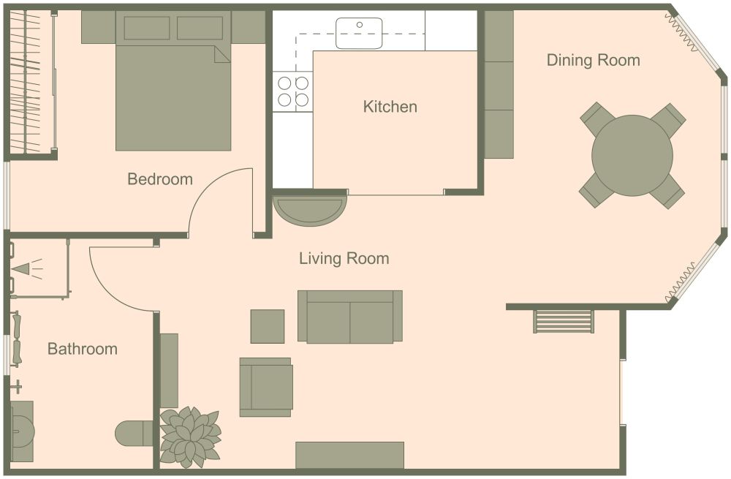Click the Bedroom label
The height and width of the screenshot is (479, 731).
click(159, 179)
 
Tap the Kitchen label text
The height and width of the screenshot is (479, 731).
click(390, 107)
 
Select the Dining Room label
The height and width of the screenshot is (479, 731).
click(593, 60)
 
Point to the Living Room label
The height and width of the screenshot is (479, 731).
click(344, 258)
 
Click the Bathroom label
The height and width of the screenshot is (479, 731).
click(82, 349)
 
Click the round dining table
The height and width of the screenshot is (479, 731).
click(632, 155)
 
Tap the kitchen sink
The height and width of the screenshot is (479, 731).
click(359, 33)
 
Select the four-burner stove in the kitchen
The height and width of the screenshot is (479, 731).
click(292, 91)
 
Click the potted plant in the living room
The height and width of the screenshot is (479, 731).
click(190, 437)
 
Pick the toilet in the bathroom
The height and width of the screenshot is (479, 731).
click(134, 433)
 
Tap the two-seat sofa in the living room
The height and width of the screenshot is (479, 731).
click(350, 316)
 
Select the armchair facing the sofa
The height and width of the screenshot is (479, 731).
click(266, 387)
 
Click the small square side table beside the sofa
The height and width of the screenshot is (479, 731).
click(267, 326)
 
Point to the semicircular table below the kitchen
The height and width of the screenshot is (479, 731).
click(309, 211)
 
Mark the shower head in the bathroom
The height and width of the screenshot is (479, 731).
click(22, 269)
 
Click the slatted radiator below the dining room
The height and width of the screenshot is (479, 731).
click(564, 321)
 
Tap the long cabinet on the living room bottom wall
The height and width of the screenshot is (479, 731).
click(349, 454)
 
